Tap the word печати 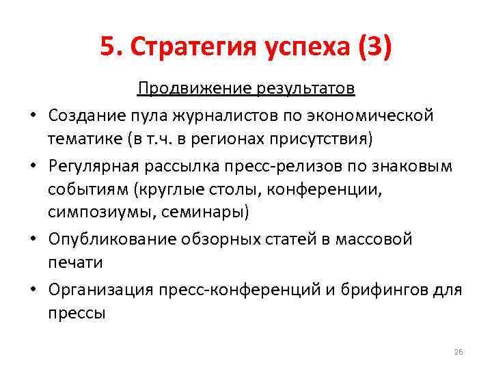tap(76, 262)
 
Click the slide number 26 tap(458, 351)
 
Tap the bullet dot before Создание tap(32, 115)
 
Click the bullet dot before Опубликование tap(32, 238)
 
